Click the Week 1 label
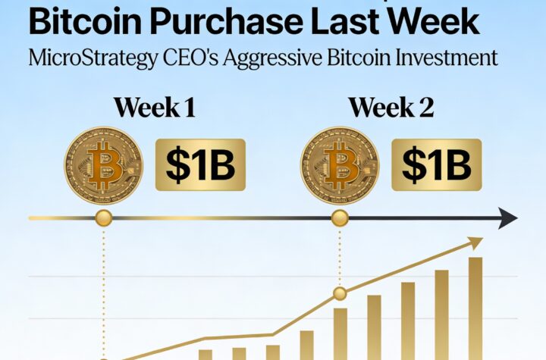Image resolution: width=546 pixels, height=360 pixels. [x=155, y=107]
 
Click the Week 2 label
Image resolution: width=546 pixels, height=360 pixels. [x=391, y=107]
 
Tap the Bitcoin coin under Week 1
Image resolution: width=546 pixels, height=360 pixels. [x=103, y=164]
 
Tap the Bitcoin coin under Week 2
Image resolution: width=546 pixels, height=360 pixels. [x=340, y=164]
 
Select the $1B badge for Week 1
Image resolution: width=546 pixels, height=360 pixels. [x=200, y=164]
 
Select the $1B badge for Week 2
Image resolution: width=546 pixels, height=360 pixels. [x=436, y=164]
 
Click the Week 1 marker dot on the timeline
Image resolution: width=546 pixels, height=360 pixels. [x=104, y=219]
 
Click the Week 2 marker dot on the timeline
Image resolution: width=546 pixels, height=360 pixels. [x=340, y=219]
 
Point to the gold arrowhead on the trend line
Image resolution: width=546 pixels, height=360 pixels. [x=475, y=243]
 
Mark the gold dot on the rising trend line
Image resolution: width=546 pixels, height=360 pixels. [x=340, y=293]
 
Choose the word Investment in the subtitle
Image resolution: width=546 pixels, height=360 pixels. [x=454, y=58]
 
